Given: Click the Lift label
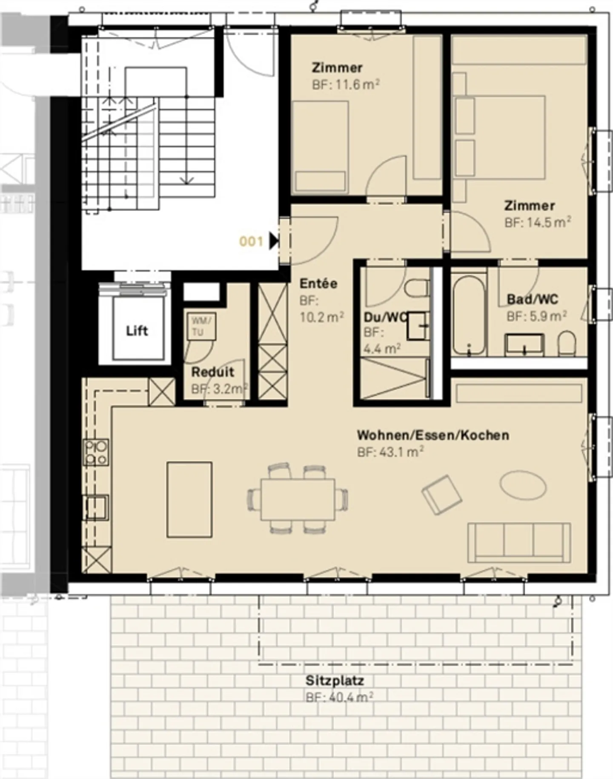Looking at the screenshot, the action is coord(137,331).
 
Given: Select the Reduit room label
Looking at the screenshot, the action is coord(212,372).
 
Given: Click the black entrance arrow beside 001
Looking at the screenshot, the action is coord(274,241).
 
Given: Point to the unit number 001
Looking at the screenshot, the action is coord(251,242).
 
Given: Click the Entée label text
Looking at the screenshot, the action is coord(318,284).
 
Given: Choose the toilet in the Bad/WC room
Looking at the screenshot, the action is coord(567,344).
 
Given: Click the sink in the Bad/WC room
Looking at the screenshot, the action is coord(524,345).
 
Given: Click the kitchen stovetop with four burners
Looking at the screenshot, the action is coord(96,452).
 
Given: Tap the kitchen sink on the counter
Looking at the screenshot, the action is coord(97,507).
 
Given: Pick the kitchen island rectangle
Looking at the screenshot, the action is coord(189,499).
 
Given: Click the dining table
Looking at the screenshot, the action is coord(298,499).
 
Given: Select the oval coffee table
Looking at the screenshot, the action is coord(523,484).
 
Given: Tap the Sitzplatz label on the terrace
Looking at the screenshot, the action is coord(335,681).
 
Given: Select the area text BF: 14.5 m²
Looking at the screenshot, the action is coord(538,222).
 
